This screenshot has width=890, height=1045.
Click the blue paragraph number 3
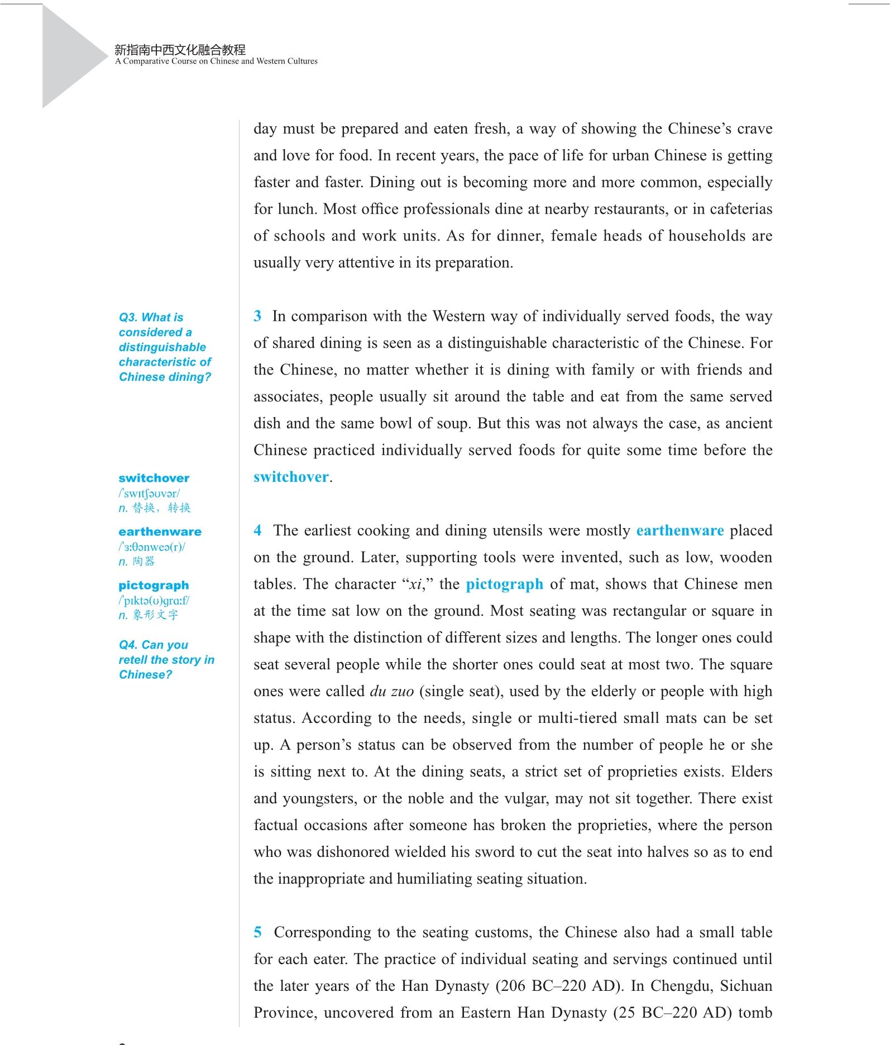pyautogui.click(x=257, y=316)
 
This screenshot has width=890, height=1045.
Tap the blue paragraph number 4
pyautogui.click(x=257, y=530)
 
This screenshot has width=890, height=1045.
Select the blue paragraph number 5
pyautogui.click(x=257, y=932)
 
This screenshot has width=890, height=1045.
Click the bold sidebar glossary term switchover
pyautogui.click(x=154, y=478)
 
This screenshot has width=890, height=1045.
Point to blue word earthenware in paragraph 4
pyautogui.click(x=680, y=530)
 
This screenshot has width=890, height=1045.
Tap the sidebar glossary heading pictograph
pyautogui.click(x=154, y=585)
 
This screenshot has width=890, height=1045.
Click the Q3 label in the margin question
pyautogui.click(x=128, y=318)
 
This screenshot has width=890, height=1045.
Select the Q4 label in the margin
pyautogui.click(x=128, y=645)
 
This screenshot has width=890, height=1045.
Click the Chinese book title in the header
pyautogui.click(x=180, y=50)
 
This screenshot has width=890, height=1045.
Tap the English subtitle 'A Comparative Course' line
pyautogui.click(x=216, y=61)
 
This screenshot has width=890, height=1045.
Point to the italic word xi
pyautogui.click(x=415, y=584)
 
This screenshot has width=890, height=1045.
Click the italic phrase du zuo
pyautogui.click(x=391, y=692)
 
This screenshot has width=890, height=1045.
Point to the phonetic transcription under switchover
pyautogui.click(x=149, y=493)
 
